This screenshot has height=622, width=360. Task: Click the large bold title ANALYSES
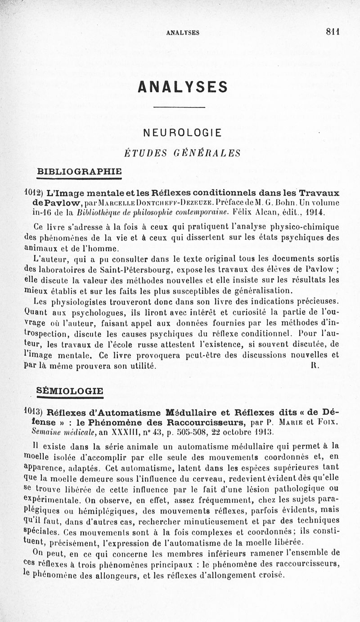point(183,86)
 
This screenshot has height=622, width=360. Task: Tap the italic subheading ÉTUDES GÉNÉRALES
point(182,153)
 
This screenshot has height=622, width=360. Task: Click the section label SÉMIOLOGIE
point(70,391)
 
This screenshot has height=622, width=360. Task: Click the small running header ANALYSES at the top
point(183,32)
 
